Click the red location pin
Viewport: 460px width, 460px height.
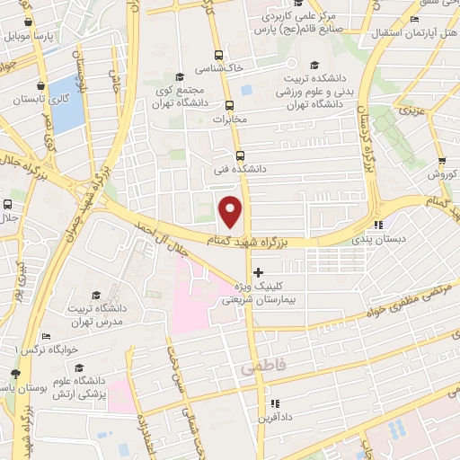[231, 211]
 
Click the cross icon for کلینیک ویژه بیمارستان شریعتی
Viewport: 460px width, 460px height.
[259, 271]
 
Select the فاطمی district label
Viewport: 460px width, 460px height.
[259, 369]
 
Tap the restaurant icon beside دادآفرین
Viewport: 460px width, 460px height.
[275, 404]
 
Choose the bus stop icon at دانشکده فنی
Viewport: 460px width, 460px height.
[238, 155]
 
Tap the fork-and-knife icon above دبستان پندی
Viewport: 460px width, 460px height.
[378, 225]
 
